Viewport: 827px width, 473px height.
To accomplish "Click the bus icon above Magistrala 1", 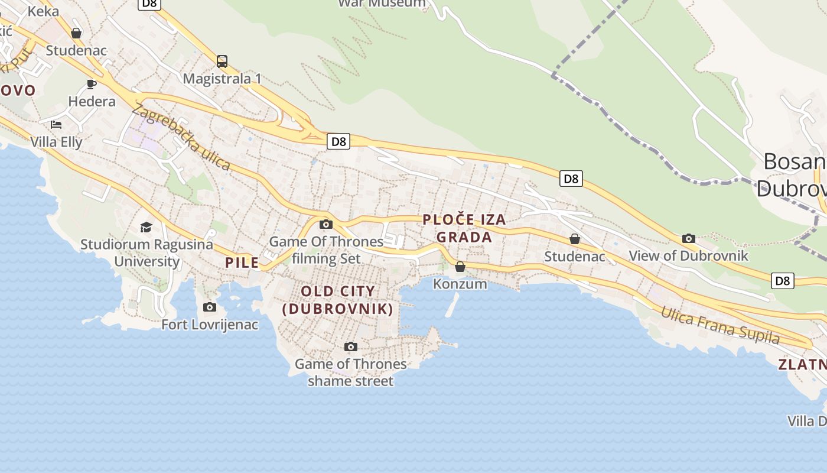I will click(222, 61).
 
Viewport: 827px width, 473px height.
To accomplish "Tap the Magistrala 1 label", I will click(222, 79).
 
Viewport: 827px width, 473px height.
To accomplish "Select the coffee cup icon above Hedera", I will click(92, 84).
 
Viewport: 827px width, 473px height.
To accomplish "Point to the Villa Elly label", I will click(56, 142).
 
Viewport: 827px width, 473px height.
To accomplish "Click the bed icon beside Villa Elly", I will click(56, 124).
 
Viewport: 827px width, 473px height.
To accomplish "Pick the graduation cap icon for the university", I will click(145, 227).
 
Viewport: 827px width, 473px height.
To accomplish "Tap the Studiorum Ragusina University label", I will click(146, 252).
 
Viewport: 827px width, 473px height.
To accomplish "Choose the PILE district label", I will click(242, 263).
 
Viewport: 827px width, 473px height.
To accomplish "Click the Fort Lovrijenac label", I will click(210, 325).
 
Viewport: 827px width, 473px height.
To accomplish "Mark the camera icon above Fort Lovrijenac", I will click(209, 307).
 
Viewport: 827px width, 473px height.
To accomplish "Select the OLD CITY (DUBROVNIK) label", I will click(338, 300).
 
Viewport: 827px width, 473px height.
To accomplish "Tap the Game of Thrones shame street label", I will click(351, 372).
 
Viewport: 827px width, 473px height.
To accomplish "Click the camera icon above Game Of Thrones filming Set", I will click(325, 224).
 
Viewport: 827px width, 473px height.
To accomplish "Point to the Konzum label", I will click(460, 284).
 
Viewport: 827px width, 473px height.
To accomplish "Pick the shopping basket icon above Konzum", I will click(460, 267).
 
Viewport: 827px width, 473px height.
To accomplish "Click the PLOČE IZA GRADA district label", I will click(464, 228).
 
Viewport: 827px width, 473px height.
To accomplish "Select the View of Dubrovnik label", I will click(688, 256).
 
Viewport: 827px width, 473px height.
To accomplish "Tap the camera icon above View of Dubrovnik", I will click(688, 238).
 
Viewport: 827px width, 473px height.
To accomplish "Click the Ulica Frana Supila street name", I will click(720, 325).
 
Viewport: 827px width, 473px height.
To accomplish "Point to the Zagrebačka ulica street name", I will click(181, 137).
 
